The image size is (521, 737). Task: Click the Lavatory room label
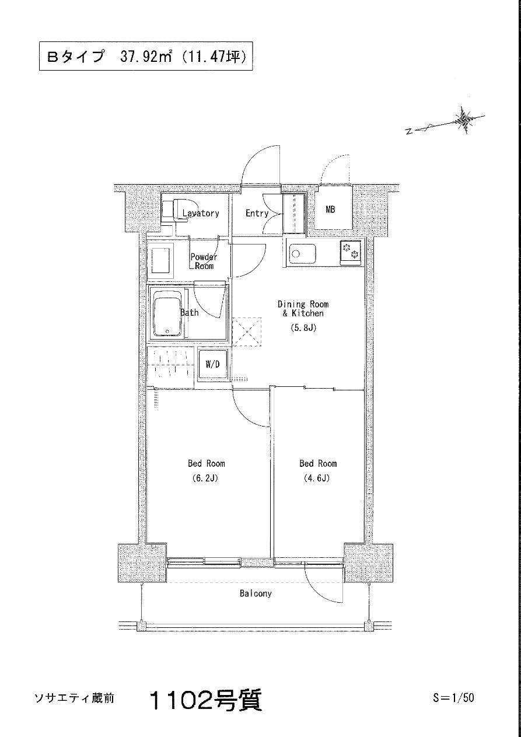[x=201, y=213]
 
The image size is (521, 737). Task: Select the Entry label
[x=257, y=213]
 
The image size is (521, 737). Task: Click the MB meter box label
[x=330, y=209]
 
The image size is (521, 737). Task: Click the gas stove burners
[x=350, y=251]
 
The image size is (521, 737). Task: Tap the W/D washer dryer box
[x=212, y=364]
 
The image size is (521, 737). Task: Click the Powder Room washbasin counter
[x=160, y=260]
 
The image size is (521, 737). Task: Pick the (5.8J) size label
[x=303, y=328]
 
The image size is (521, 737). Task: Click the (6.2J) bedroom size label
[x=205, y=478]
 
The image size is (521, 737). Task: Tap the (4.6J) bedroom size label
[x=316, y=478]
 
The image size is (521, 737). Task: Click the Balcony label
[x=256, y=593]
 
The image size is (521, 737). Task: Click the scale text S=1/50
[x=453, y=697]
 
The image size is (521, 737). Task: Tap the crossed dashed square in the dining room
[x=247, y=331]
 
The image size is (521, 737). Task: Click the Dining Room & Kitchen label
[x=303, y=309]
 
